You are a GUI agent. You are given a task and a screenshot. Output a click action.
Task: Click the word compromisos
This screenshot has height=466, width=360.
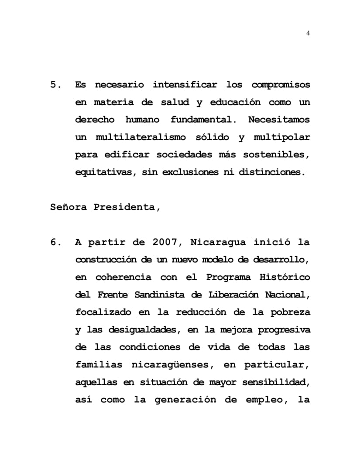tap(281, 85)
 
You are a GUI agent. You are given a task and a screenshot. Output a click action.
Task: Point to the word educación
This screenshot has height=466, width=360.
tap(235, 102)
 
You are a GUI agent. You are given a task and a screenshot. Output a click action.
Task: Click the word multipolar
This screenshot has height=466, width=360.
tap(282, 137)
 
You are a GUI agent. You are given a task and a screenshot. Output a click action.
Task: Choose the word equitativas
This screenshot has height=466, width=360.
tap(102, 172)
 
